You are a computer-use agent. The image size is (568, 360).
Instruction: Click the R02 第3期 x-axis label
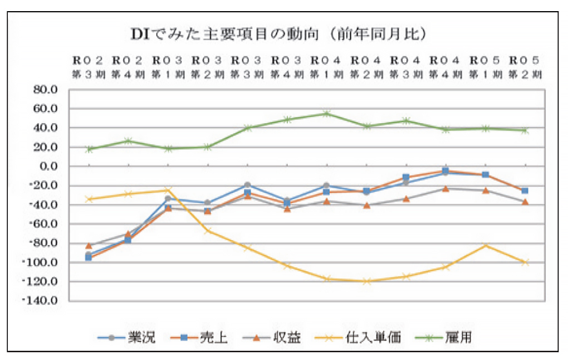[88, 67]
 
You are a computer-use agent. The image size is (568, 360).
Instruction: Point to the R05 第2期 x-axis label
[524, 67]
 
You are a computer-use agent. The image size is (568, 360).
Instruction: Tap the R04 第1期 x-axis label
[326, 67]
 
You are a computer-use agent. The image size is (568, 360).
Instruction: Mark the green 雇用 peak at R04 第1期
[326, 114]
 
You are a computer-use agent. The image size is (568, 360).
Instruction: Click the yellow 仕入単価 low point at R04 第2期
[366, 282]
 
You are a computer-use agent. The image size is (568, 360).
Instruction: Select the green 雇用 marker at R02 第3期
[89, 149]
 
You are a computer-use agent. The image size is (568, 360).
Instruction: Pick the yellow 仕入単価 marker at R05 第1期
[485, 245]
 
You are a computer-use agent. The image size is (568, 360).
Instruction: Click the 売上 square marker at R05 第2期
[525, 191]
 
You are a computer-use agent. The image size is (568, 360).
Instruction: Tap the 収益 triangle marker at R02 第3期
[89, 245]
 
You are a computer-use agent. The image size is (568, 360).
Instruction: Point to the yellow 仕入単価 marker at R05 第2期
[525, 262]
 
